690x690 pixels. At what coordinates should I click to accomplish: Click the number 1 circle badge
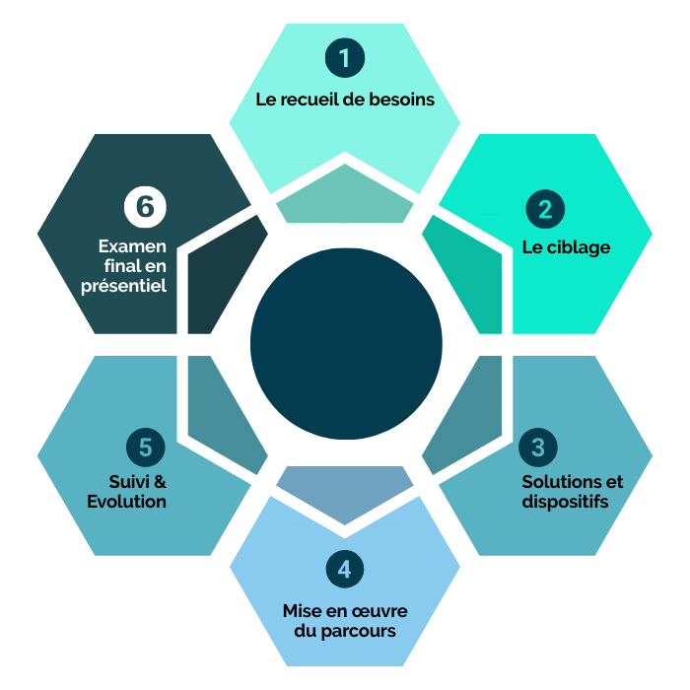[344, 58]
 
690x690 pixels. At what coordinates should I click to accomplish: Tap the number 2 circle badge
[544, 209]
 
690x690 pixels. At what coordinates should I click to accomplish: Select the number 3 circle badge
[537, 447]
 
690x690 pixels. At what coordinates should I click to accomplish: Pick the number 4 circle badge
[344, 569]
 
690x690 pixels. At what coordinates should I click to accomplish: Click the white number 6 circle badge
[145, 207]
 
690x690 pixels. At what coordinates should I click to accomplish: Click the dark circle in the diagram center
[345, 344]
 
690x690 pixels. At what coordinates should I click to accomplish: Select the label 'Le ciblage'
[566, 247]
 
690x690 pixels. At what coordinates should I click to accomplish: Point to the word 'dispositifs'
[565, 502]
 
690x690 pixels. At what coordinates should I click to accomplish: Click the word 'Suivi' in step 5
[130, 482]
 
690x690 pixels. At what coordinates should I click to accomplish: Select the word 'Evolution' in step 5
[126, 502]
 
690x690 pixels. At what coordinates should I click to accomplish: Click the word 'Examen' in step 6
[132, 246]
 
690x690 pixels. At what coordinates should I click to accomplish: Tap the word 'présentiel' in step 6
[123, 286]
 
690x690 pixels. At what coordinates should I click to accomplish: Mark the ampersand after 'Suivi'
[160, 482]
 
